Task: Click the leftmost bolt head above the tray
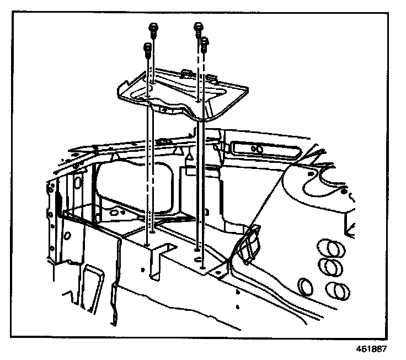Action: [147, 47]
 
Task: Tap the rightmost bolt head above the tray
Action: [205, 41]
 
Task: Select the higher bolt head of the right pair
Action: [198, 26]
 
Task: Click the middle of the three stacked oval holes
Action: [332, 268]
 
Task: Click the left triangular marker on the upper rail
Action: [114, 158]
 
